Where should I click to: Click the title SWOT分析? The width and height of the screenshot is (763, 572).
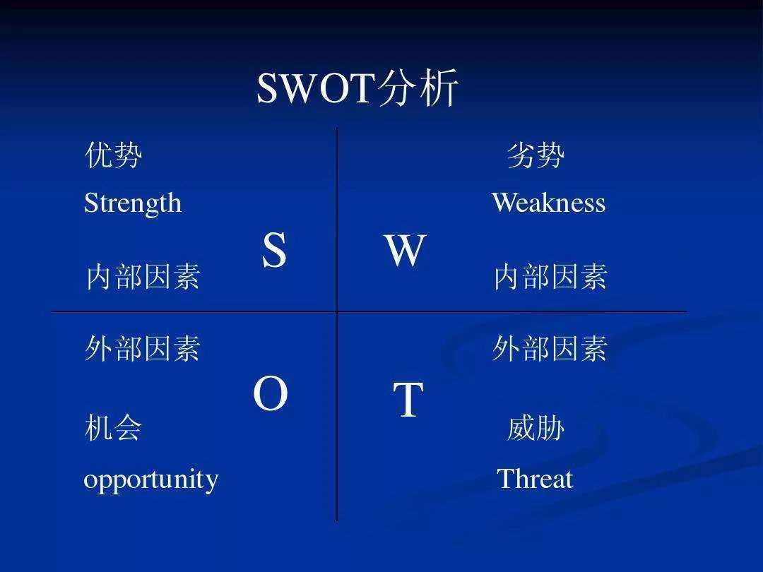[357, 89]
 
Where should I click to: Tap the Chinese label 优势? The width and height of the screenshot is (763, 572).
[113, 155]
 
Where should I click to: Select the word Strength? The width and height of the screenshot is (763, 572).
[133, 203]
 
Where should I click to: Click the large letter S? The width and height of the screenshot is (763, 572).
[274, 250]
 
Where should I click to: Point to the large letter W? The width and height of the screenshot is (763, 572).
[405, 250]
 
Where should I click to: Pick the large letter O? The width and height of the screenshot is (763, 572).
[271, 395]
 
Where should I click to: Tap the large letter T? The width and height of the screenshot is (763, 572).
[408, 400]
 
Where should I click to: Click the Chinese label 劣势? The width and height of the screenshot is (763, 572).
[536, 155]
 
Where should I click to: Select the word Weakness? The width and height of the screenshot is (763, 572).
[548, 203]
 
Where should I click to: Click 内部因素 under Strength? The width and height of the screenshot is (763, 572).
[143, 277]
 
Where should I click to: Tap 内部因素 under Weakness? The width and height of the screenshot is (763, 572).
[550, 277]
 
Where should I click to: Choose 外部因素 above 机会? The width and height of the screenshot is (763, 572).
[143, 349]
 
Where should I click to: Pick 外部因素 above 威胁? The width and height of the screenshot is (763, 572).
[550, 349]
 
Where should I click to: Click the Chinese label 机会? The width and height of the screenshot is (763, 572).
[113, 428]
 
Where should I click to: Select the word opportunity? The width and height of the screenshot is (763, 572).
[151, 480]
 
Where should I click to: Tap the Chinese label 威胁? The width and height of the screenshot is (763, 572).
[536, 428]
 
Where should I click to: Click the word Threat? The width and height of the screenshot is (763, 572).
[535, 479]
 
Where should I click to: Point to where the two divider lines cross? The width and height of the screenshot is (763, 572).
[337, 311]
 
